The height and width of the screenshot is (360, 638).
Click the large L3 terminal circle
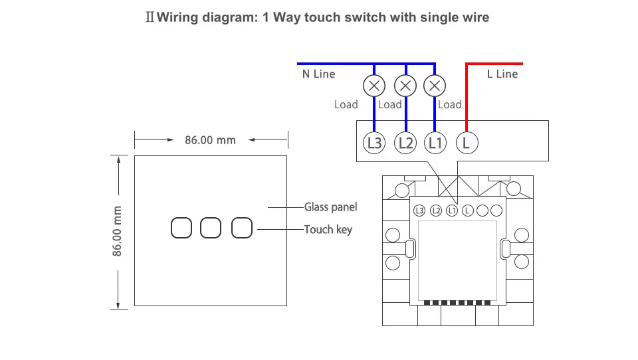[374, 143]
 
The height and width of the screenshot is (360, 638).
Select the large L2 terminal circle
[405, 143]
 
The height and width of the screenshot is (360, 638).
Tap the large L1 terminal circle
[435, 143]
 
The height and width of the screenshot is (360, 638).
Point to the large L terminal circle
[467, 143]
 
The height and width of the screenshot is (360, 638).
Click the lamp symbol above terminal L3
[374, 86]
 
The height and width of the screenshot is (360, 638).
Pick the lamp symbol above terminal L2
[405, 86]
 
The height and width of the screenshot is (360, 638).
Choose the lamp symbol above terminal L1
[435, 86]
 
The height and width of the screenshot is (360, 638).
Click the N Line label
[318, 74]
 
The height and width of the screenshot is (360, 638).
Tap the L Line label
[502, 74]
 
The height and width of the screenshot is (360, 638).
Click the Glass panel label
[331, 207]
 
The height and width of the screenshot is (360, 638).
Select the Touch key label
[328, 230]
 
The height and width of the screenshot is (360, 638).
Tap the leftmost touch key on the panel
[181, 228]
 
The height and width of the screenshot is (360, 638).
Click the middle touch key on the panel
[211, 228]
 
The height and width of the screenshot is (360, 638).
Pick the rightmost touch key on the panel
[242, 228]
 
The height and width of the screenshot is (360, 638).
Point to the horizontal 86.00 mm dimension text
[211, 140]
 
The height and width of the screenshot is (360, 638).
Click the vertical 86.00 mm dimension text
[117, 231]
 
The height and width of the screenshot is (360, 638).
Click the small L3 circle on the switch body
[419, 211]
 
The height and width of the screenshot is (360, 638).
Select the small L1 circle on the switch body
[452, 211]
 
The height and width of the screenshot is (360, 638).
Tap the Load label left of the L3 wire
[346, 104]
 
